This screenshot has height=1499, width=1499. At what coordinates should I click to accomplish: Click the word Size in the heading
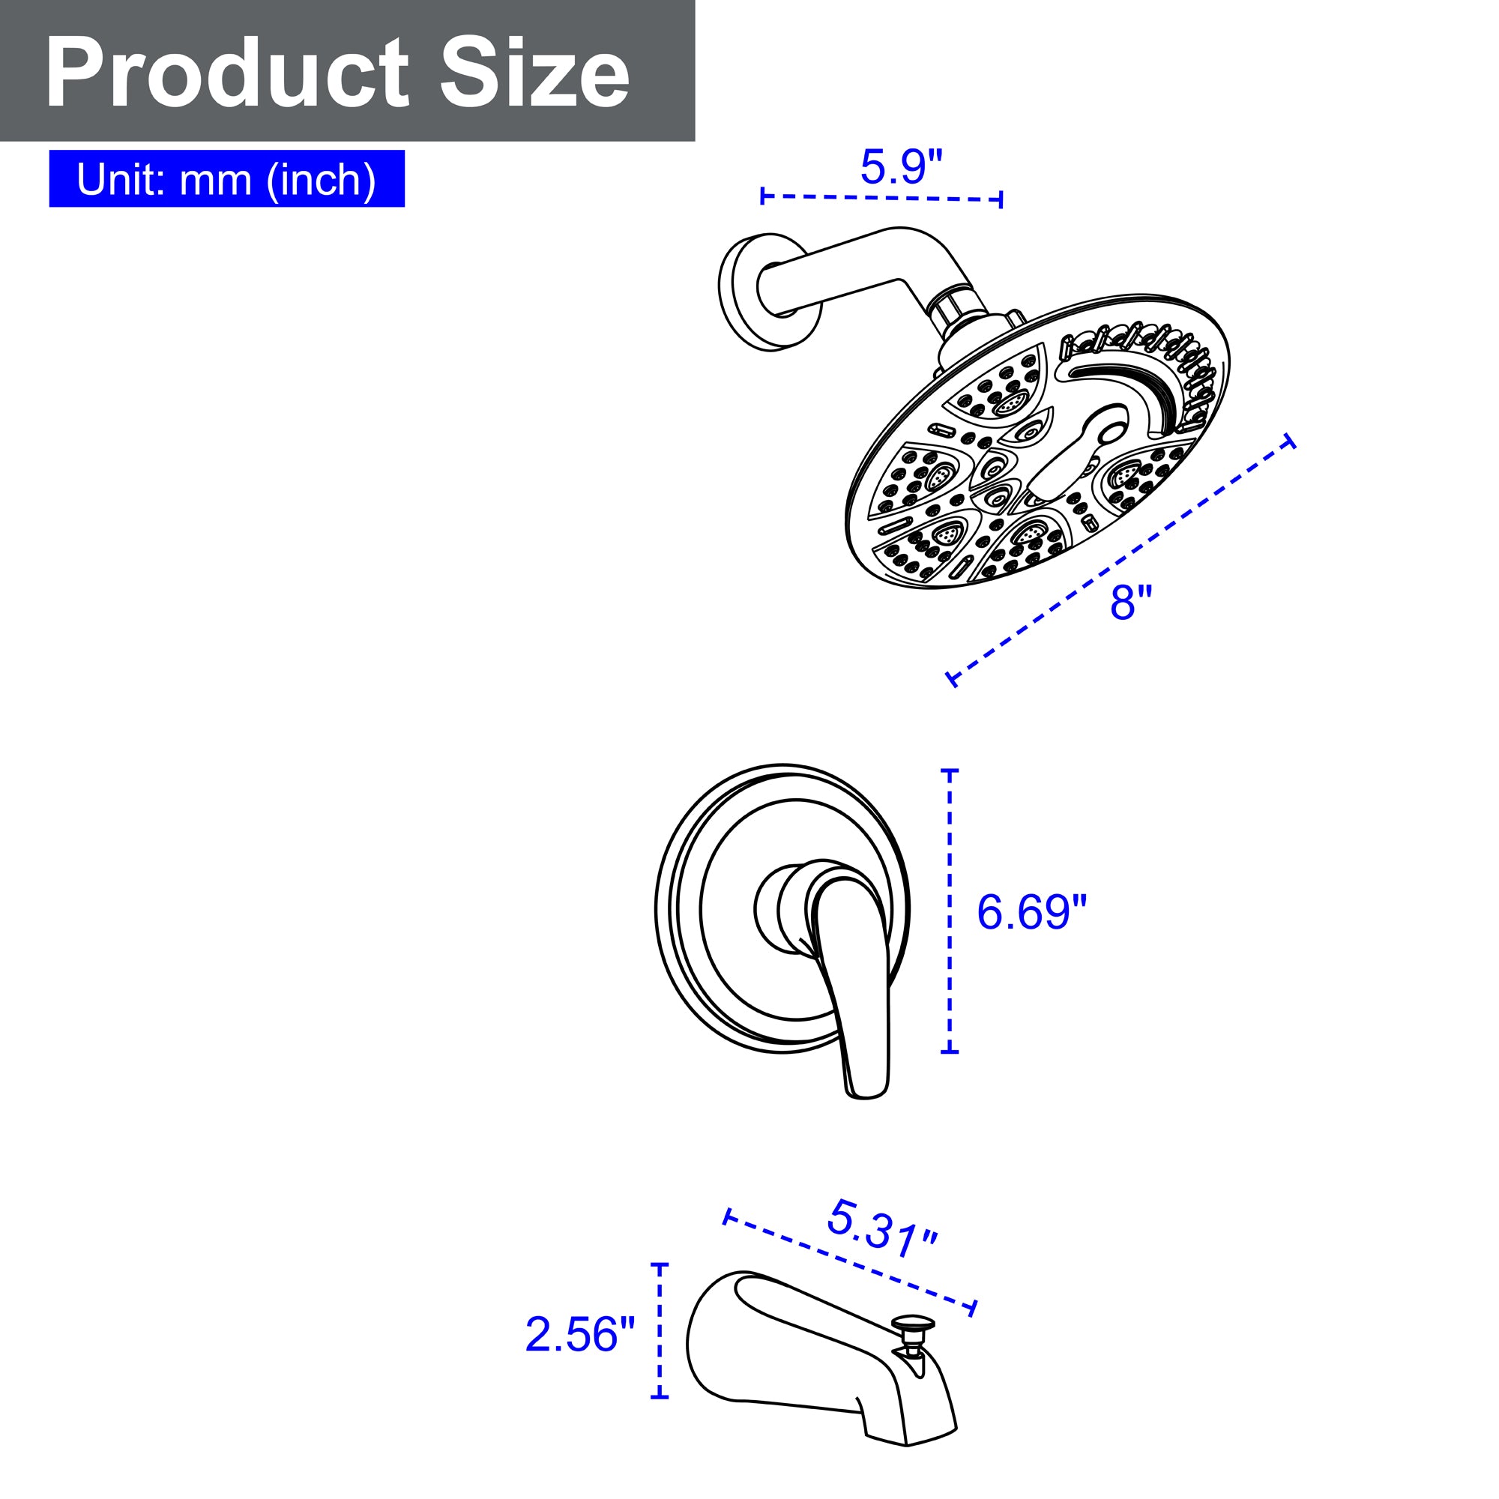pyautogui.click(x=534, y=73)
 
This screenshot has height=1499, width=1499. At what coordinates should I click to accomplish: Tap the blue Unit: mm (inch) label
pyautogui.click(x=226, y=178)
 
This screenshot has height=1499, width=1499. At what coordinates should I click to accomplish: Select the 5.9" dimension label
pyautogui.click(x=901, y=166)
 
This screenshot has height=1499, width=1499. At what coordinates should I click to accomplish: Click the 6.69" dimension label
pyautogui.click(x=1032, y=912)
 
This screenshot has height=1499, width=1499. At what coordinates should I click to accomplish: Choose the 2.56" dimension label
pyautogui.click(x=580, y=1335)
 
